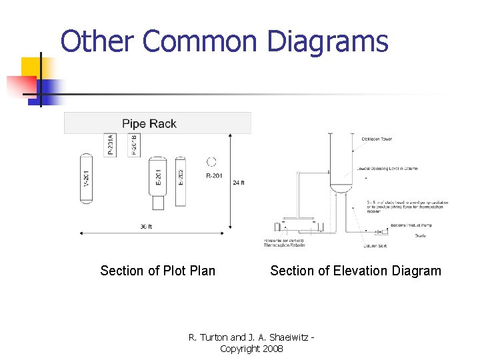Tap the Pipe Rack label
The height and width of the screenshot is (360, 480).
pos(149,123)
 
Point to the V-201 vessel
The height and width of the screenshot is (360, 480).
pos(86,178)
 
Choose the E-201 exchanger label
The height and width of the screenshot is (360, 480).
pos(158,177)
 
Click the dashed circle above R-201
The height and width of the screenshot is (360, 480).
pos(212,161)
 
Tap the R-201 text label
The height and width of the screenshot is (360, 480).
pos(214,176)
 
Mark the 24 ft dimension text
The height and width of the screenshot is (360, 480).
pos(239,182)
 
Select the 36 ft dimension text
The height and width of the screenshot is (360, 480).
pos(145,227)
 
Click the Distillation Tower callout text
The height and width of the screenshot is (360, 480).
pos(377,139)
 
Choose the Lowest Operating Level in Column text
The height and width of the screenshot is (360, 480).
pos(387,169)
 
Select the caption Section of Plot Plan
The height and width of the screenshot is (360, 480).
pos(157,271)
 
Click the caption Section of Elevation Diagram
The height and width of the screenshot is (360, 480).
pos(355,271)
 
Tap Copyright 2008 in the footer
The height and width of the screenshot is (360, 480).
pos(251,349)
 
